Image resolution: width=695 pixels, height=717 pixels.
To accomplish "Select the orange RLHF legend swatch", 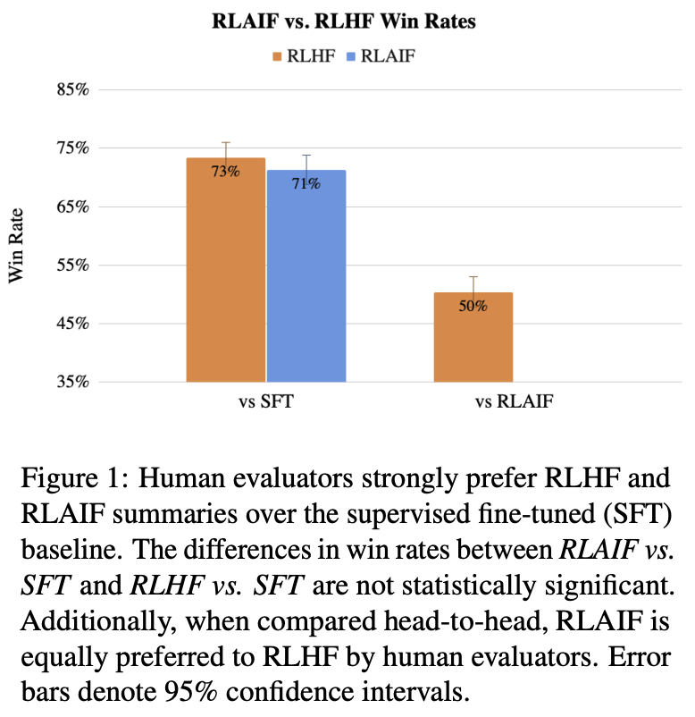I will pyautogui.click(x=278, y=56).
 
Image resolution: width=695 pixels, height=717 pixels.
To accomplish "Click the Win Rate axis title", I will pyautogui.click(x=17, y=245).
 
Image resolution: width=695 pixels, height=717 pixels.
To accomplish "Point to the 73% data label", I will pyautogui.click(x=225, y=171).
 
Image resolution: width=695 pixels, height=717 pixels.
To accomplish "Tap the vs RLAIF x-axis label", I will pyautogui.click(x=514, y=402).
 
